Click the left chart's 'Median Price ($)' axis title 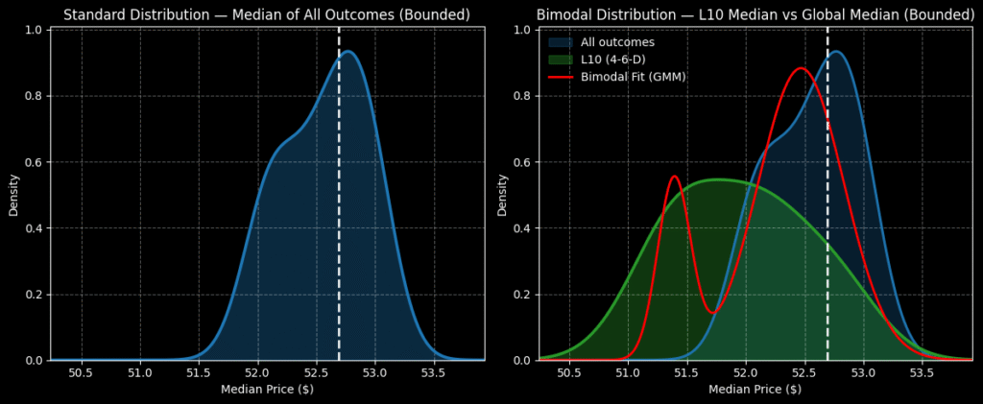(x=267, y=390)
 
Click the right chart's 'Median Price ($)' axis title (x=755, y=390)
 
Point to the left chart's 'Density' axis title (x=14, y=194)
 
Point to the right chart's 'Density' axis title (x=503, y=194)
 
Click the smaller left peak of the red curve (x=673, y=177)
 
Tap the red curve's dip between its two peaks (x=712, y=312)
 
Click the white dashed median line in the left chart (x=339, y=192)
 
